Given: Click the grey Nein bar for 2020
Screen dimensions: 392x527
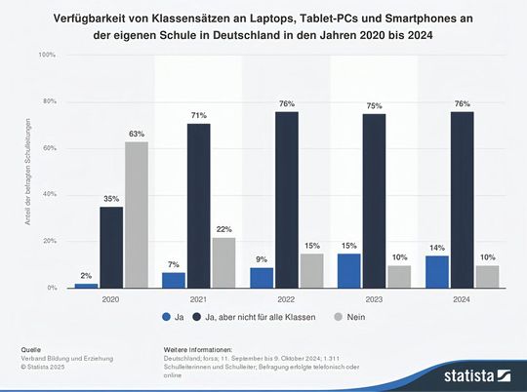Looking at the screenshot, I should coord(137,215).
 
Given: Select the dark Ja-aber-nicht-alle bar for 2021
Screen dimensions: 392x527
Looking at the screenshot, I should coord(199,206).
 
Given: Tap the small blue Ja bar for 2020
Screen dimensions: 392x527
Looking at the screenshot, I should coord(86,285).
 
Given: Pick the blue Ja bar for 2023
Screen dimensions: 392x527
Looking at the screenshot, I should coord(348,270).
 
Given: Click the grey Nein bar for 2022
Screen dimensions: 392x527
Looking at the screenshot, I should coord(312,270).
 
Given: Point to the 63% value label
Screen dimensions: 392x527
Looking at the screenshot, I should coord(137,135).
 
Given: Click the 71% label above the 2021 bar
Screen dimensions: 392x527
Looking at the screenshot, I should coord(199,116).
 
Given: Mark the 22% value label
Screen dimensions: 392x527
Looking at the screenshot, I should coord(224,230).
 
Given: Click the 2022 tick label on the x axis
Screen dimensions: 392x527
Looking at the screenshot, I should coord(286,300).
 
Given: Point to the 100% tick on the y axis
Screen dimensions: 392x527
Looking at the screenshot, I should coord(47,55).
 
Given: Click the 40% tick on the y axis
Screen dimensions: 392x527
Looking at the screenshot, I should coord(48,195).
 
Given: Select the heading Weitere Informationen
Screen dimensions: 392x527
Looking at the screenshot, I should coord(198,348).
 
